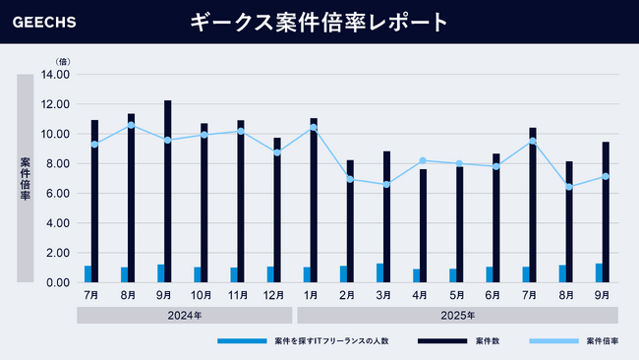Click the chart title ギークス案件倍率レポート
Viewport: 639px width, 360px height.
tap(319, 22)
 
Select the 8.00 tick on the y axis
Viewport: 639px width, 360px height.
tap(56, 163)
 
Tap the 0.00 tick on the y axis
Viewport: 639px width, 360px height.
tap(56, 282)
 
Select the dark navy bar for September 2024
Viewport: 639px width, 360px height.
tap(168, 192)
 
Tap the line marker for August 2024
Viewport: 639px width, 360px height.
tap(132, 125)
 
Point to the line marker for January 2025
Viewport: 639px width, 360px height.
tap(314, 128)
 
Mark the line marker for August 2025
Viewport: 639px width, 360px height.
tap(569, 187)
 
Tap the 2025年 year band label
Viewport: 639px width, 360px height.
tap(457, 315)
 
